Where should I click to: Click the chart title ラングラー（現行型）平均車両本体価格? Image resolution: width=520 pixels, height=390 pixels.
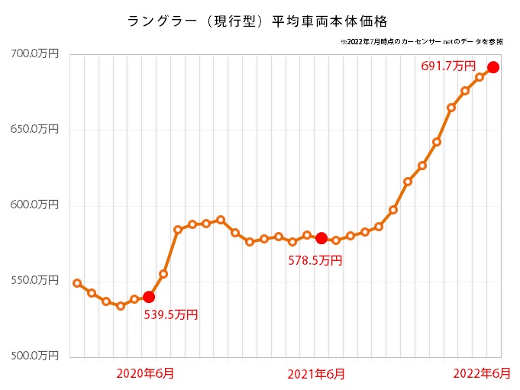pyautogui.click(x=258, y=18)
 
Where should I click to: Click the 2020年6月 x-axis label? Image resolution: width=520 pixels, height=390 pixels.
pyautogui.click(x=144, y=373)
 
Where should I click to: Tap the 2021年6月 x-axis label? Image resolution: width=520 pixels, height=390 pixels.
pyautogui.click(x=316, y=373)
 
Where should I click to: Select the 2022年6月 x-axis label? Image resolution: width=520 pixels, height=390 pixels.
pyautogui.click(x=482, y=373)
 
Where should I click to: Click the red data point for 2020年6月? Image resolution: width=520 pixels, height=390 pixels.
pyautogui.click(x=149, y=297)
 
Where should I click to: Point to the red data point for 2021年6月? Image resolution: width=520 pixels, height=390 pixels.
pyautogui.click(x=321, y=237)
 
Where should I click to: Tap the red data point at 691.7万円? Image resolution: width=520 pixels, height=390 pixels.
pyautogui.click(x=493, y=67)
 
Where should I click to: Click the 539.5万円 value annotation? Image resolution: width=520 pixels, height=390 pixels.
pyautogui.click(x=171, y=314)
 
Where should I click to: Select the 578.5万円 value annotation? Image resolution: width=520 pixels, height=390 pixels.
pyautogui.click(x=315, y=260)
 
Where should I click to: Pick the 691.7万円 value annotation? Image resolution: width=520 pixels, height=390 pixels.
pyautogui.click(x=448, y=66)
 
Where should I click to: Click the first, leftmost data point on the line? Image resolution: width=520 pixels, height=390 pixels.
pyautogui.click(x=77, y=283)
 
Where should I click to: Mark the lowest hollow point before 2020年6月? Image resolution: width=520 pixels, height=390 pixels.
pyautogui.click(x=120, y=306)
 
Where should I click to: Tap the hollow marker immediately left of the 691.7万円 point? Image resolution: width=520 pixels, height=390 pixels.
pyautogui.click(x=480, y=77)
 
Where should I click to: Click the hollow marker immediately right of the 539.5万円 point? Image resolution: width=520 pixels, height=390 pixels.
pyautogui.click(x=163, y=274)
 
